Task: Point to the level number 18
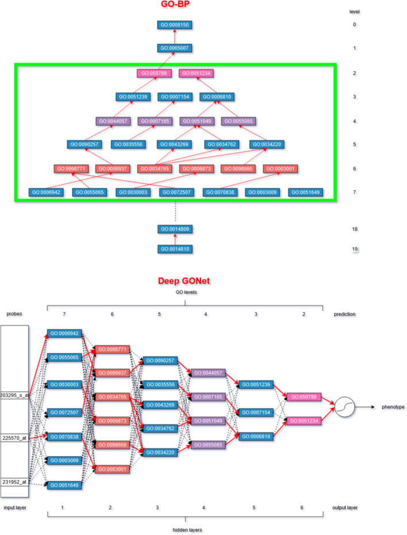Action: [355, 229]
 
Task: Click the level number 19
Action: [355, 249]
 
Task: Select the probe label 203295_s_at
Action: [14, 396]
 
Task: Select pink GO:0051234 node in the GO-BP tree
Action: [197, 73]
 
